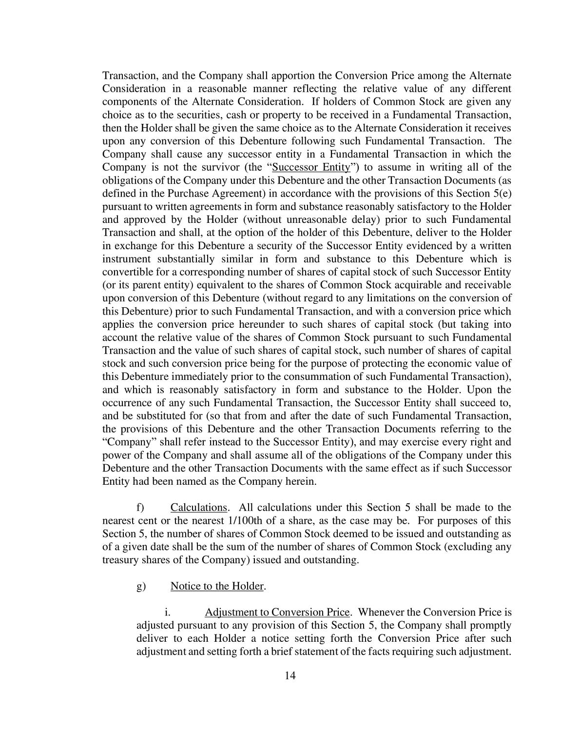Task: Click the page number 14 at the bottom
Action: coord(290,675)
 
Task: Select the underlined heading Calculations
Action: coord(198,508)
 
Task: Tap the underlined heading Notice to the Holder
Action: coord(217,586)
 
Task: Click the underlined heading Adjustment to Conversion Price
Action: coord(277,613)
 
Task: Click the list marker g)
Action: coord(141,586)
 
